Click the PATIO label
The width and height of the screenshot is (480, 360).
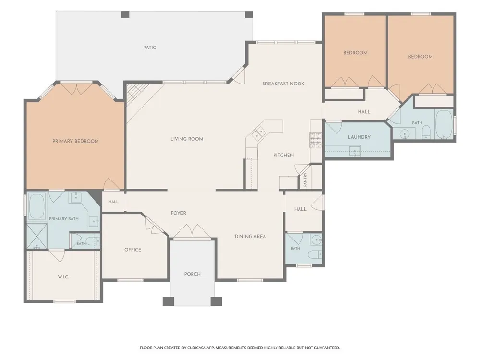coord(150,48)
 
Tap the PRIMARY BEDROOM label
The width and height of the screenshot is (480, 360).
coord(76,141)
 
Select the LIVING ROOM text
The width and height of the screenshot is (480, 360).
coord(187,139)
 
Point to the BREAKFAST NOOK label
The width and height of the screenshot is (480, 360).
coord(284,84)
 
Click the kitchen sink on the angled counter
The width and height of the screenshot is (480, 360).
coord(259,132)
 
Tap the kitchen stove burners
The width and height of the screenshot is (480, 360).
coord(315,140)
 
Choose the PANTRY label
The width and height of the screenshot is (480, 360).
coord(305,180)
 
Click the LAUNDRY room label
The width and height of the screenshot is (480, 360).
coord(360,137)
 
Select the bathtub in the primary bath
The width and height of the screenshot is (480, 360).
coord(36,206)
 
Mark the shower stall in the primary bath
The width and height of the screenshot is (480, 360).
coord(37,236)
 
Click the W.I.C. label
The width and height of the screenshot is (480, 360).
coord(63,277)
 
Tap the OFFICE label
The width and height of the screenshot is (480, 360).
coord(133,250)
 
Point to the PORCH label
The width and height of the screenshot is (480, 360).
coord(192,274)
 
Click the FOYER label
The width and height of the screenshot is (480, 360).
coord(179,213)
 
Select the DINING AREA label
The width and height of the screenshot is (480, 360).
coord(251,236)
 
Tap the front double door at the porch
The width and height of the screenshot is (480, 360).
coord(192,231)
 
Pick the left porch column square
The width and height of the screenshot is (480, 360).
coord(168,301)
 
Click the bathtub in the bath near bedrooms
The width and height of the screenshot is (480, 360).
coord(444,125)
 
